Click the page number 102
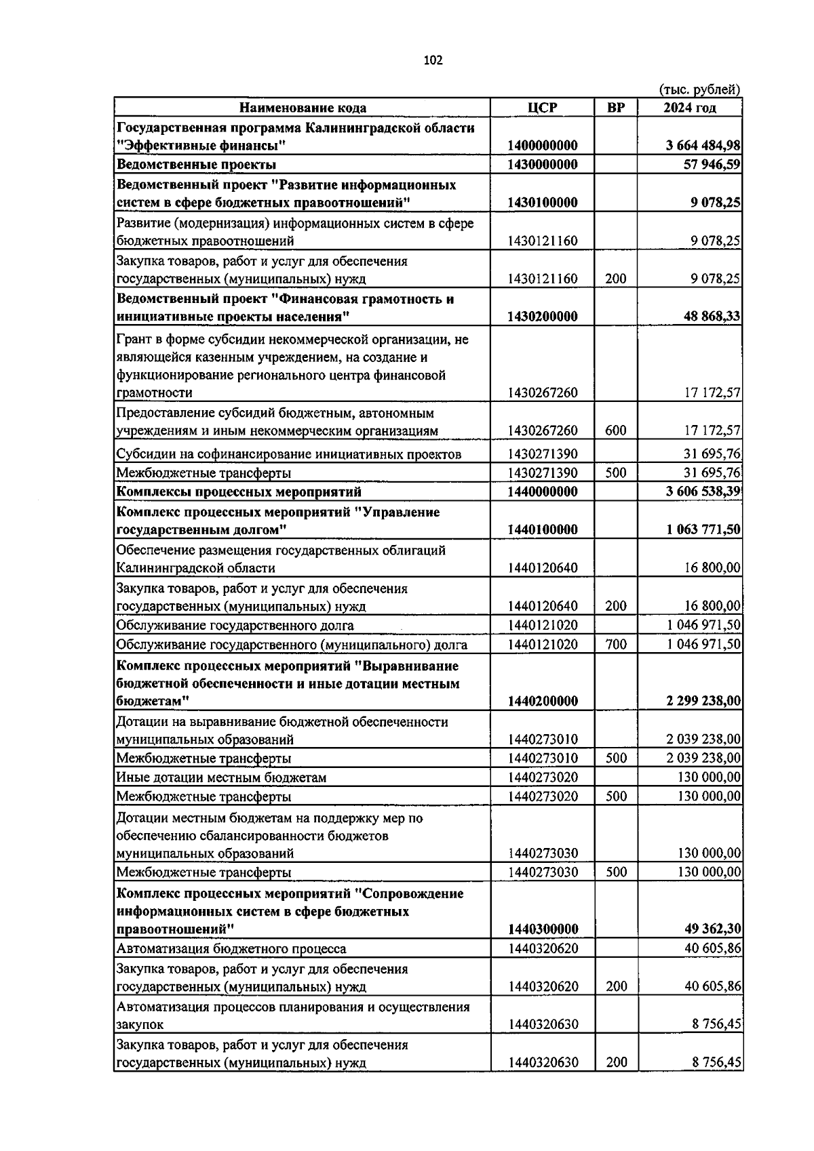(x=433, y=60)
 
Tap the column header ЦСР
(x=542, y=108)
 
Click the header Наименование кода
(x=303, y=108)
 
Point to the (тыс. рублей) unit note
(x=699, y=89)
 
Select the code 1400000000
(x=542, y=146)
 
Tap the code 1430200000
(x=542, y=317)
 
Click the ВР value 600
(x=615, y=430)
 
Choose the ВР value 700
(x=615, y=644)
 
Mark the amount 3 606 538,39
(x=703, y=491)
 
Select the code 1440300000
(x=542, y=929)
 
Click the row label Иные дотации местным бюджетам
(x=221, y=778)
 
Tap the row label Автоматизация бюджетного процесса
(x=231, y=949)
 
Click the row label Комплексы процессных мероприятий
(x=239, y=491)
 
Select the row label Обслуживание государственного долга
(x=235, y=625)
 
